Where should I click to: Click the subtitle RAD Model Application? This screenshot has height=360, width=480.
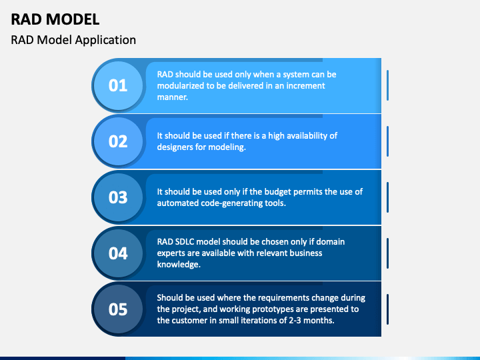(x=73, y=40)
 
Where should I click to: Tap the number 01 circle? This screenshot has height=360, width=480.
(x=118, y=85)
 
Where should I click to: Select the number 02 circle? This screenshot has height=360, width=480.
(x=118, y=141)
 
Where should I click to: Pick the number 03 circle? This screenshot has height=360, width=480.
(x=118, y=197)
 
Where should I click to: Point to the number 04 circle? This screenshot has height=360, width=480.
(x=118, y=253)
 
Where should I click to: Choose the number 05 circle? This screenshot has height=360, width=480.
(x=118, y=309)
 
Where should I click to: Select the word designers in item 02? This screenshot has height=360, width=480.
(x=176, y=147)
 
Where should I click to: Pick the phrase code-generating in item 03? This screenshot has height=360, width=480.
(x=231, y=203)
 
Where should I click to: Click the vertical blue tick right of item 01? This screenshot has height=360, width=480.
(x=388, y=85)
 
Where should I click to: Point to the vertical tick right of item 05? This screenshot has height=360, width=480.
(x=388, y=309)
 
